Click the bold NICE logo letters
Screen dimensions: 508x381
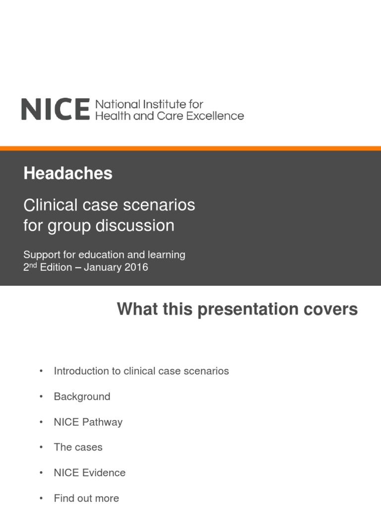[x=55, y=109]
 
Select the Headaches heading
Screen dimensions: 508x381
[x=67, y=174]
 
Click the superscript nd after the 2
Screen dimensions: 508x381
[x=33, y=265]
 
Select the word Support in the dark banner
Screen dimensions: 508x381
[x=41, y=255]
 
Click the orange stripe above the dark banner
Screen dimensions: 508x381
[x=190, y=148]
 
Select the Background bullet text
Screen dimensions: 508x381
[x=82, y=397]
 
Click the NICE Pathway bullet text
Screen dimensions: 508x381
[x=88, y=422]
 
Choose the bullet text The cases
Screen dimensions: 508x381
[x=78, y=447]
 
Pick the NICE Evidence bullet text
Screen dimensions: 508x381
[x=89, y=473]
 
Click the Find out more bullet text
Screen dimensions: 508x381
[x=86, y=498]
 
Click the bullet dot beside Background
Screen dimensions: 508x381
[x=41, y=397]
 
